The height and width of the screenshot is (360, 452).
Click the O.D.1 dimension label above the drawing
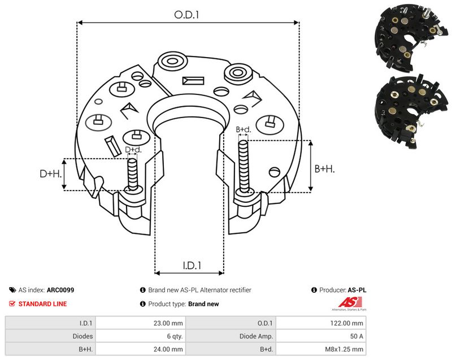coord(186,15)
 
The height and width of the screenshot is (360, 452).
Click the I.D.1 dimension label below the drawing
coord(192,265)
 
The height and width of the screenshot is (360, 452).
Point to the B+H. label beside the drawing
coord(324,168)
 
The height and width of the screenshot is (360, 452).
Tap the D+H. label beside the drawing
coord(51,174)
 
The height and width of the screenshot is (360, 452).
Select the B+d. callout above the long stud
coord(244,129)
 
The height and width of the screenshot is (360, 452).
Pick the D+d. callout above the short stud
coord(133,150)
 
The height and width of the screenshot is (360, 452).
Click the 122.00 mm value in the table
coord(346,323)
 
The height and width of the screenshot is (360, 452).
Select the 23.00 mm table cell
coord(168,323)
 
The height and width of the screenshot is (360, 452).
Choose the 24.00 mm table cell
coord(168,349)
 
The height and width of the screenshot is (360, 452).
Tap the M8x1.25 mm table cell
coord(344,349)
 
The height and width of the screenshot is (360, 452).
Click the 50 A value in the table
coord(357,336)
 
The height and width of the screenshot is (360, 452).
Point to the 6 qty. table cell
coord(175,336)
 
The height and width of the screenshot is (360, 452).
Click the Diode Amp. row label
coord(256,336)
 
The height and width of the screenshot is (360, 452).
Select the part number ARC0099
coord(60,290)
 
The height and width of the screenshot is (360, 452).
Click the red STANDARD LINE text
coord(42,304)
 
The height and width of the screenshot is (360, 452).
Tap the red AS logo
coord(350,302)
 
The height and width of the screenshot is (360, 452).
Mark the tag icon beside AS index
coord(12,290)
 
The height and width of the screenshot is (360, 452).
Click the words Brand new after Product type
coord(203,304)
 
